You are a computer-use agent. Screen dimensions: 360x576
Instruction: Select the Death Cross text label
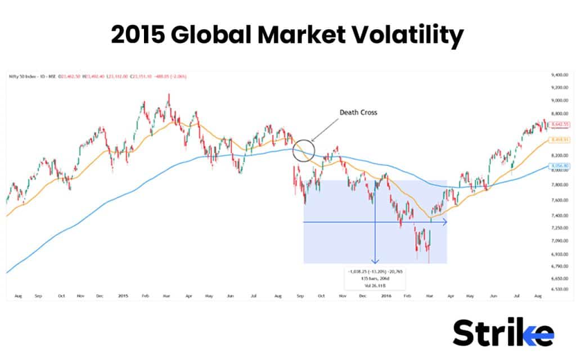[358, 112]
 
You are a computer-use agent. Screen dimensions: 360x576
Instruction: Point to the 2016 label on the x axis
[386, 295]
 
